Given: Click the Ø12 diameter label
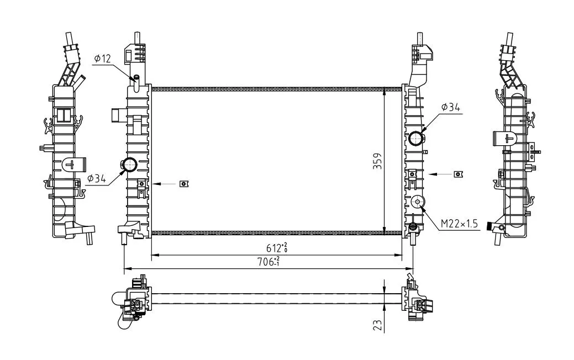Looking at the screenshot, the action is pyautogui.click(x=103, y=58).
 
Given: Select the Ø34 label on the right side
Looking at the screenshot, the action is pyautogui.click(x=450, y=107).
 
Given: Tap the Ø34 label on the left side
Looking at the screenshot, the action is pyautogui.click(x=97, y=178).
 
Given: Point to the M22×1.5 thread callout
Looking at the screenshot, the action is pyautogui.click(x=459, y=224).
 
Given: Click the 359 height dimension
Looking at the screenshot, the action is pyautogui.click(x=377, y=161).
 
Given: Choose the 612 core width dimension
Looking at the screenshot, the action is pyautogui.click(x=277, y=248).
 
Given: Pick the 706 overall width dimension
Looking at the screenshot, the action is pyautogui.click(x=269, y=262).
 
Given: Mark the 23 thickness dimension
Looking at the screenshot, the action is pyautogui.click(x=378, y=325).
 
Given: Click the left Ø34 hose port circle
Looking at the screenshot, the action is pyautogui.click(x=129, y=165).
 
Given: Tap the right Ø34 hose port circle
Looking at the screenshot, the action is pyautogui.click(x=416, y=138).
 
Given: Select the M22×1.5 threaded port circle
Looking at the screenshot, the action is pyautogui.click(x=417, y=201).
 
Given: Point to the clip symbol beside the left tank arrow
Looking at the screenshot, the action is pyautogui.click(x=184, y=184).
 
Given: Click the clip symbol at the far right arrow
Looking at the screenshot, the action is pyautogui.click(x=459, y=174).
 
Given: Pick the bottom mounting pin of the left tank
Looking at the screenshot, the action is pyautogui.click(x=124, y=239).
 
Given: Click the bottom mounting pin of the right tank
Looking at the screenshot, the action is pyautogui.click(x=413, y=239).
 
